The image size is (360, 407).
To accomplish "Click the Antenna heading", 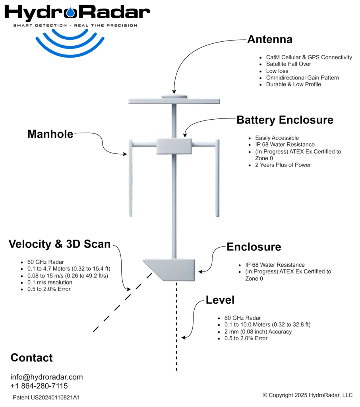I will pyautogui.click(x=269, y=40).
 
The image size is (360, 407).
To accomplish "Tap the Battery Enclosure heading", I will pyautogui.click(x=285, y=120).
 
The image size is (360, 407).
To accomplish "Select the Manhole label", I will pyautogui.click(x=50, y=134).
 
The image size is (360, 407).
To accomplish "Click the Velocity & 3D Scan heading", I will pyautogui.click(x=60, y=244).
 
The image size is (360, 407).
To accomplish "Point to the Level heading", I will pyautogui.click(x=220, y=300).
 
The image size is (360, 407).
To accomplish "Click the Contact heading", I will pyautogui.click(x=31, y=358).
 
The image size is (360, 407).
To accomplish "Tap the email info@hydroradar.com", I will pyautogui.click(x=46, y=377).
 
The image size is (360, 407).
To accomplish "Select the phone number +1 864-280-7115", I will pyautogui.click(x=39, y=386).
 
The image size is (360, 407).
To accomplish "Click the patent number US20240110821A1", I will pyautogui.click(x=46, y=397).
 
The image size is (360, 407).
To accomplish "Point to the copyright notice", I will pyautogui.click(x=308, y=395).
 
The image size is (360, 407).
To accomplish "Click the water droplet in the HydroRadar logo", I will pyautogui.click(x=71, y=13).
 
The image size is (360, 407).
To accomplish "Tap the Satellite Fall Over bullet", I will pyautogui.click(x=288, y=64).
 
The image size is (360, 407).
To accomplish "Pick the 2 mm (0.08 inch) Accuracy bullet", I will pyautogui.click(x=258, y=331).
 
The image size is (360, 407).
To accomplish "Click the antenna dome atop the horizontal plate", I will pyautogui.click(x=174, y=96).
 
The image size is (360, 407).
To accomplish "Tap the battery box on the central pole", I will pyautogui.click(x=174, y=146).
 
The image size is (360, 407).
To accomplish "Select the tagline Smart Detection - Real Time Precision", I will pyautogui.click(x=75, y=25).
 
